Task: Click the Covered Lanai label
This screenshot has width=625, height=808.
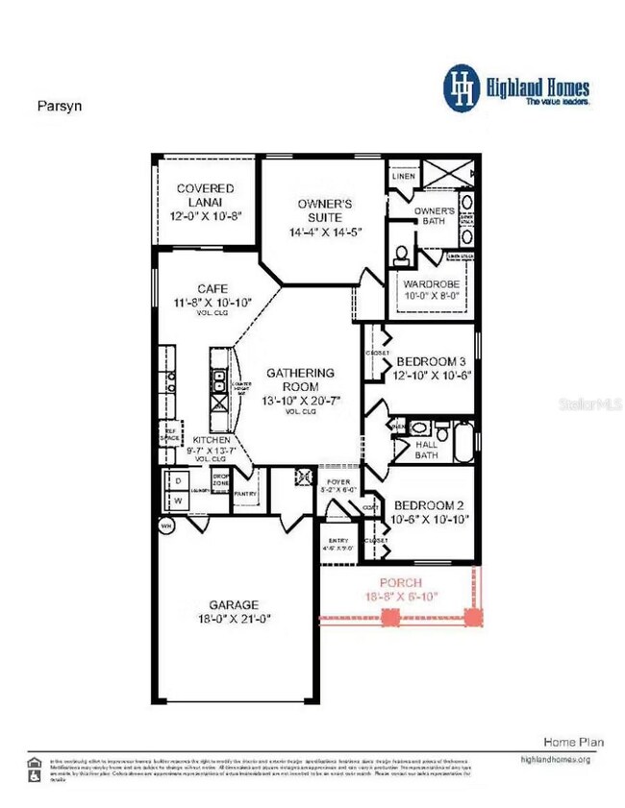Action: pos(205,188)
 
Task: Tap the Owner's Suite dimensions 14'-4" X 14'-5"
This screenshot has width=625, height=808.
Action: pos(324,233)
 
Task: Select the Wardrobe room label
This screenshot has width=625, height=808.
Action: pos(429,284)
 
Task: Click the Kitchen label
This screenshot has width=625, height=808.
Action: pos(212,439)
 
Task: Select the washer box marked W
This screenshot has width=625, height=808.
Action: pos(178,501)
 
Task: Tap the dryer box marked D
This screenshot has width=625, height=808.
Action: pos(178,480)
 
